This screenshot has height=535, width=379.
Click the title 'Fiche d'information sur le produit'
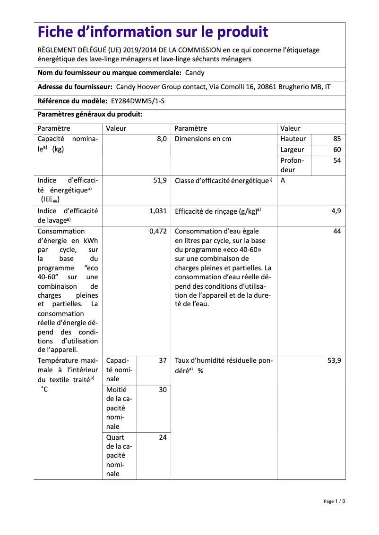153,32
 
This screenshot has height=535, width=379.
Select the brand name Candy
195,73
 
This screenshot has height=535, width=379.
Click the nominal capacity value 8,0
162,139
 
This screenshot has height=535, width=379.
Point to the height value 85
336,139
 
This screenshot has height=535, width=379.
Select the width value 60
336,150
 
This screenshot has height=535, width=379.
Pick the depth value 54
336,160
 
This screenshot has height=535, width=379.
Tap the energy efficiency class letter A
283,181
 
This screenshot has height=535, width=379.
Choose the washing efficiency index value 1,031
158,211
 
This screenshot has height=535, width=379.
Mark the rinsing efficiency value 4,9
336,211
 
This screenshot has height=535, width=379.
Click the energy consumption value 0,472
158,231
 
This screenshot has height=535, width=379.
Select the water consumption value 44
336,231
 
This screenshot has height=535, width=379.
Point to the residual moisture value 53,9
334,360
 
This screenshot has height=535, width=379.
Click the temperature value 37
163,360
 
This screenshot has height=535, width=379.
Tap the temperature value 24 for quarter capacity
163,437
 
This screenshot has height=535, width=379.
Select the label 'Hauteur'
293,139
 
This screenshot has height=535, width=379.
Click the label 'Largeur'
293,150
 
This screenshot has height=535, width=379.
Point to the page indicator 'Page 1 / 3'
335,502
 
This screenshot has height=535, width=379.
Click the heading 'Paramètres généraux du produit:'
90,115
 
